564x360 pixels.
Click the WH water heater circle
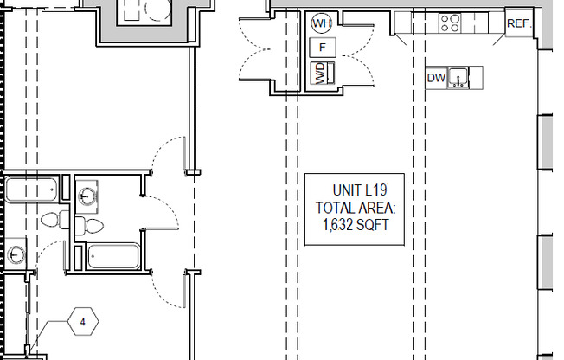[x=321, y=23]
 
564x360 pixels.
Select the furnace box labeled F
[x=323, y=47]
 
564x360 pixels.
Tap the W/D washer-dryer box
[x=323, y=73]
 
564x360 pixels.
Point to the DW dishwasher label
[x=436, y=78]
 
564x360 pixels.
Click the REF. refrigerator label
[x=519, y=23]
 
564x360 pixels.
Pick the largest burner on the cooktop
[x=455, y=19]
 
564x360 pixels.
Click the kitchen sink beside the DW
[x=458, y=78]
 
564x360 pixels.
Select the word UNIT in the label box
[x=347, y=190]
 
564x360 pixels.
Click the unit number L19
[x=375, y=190]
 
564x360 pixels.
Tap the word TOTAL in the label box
[x=333, y=208]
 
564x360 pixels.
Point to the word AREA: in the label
[x=374, y=208]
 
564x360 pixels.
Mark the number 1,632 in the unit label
[x=337, y=225]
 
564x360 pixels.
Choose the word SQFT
[x=372, y=225]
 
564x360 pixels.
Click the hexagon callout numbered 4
[x=83, y=321]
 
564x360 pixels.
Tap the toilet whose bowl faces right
[x=89, y=226]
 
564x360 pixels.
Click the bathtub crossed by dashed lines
[x=32, y=190]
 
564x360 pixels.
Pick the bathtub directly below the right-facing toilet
[x=113, y=256]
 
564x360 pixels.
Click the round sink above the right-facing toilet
[x=87, y=196]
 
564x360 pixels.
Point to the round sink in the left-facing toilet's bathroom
[x=15, y=254]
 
